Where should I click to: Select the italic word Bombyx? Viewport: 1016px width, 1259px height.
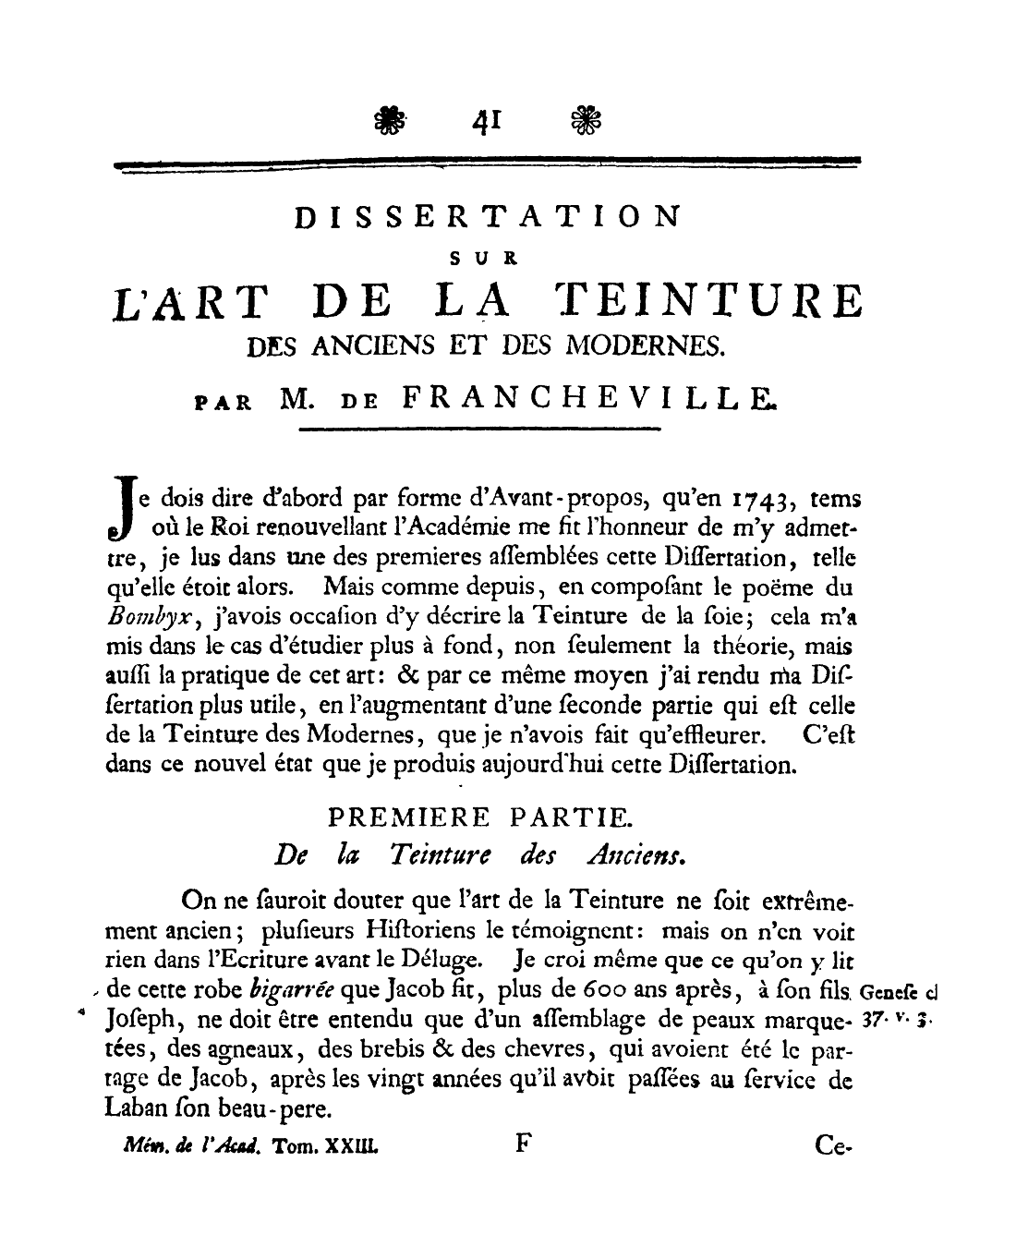click(140, 618)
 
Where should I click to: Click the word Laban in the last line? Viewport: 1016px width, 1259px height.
click(140, 1107)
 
